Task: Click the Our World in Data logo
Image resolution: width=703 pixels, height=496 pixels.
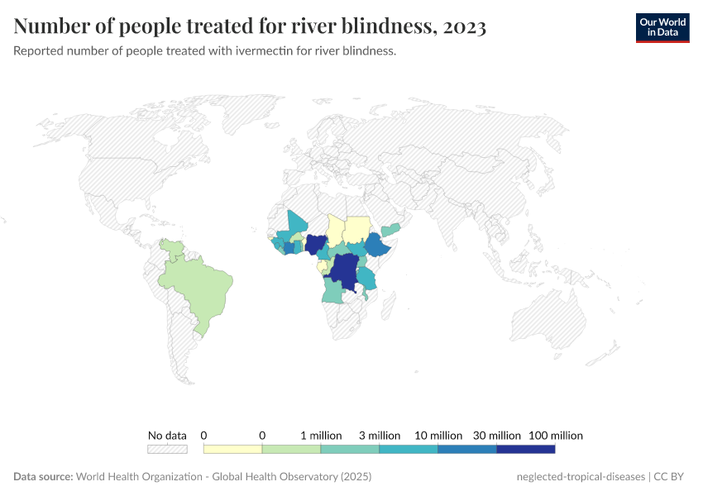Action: click(x=662, y=27)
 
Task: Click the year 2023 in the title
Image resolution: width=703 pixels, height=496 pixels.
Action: click(x=464, y=27)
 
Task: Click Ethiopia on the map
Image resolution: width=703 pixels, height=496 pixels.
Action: click(x=379, y=246)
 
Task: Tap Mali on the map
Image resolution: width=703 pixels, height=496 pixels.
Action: click(x=296, y=225)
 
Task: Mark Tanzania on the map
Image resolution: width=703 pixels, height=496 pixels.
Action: click(x=366, y=278)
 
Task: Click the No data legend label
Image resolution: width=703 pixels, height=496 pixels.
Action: click(x=167, y=436)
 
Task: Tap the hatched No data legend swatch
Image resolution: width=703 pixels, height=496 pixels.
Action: click(x=167, y=449)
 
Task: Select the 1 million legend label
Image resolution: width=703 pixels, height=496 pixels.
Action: click(x=320, y=436)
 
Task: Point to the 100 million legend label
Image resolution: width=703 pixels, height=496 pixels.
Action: click(x=555, y=436)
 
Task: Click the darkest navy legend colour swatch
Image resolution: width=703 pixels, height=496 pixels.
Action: click(x=525, y=449)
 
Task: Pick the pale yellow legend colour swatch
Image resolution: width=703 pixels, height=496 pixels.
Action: click(x=232, y=449)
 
